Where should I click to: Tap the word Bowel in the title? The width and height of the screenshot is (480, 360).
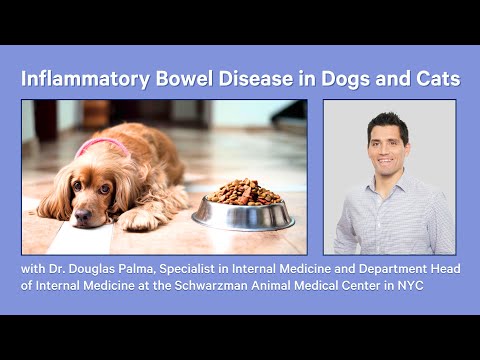pyautogui.click(x=187, y=77)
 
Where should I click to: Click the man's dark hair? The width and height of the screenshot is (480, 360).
pyautogui.click(x=387, y=122)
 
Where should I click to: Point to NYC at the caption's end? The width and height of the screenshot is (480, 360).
pyautogui.click(x=441, y=291)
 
